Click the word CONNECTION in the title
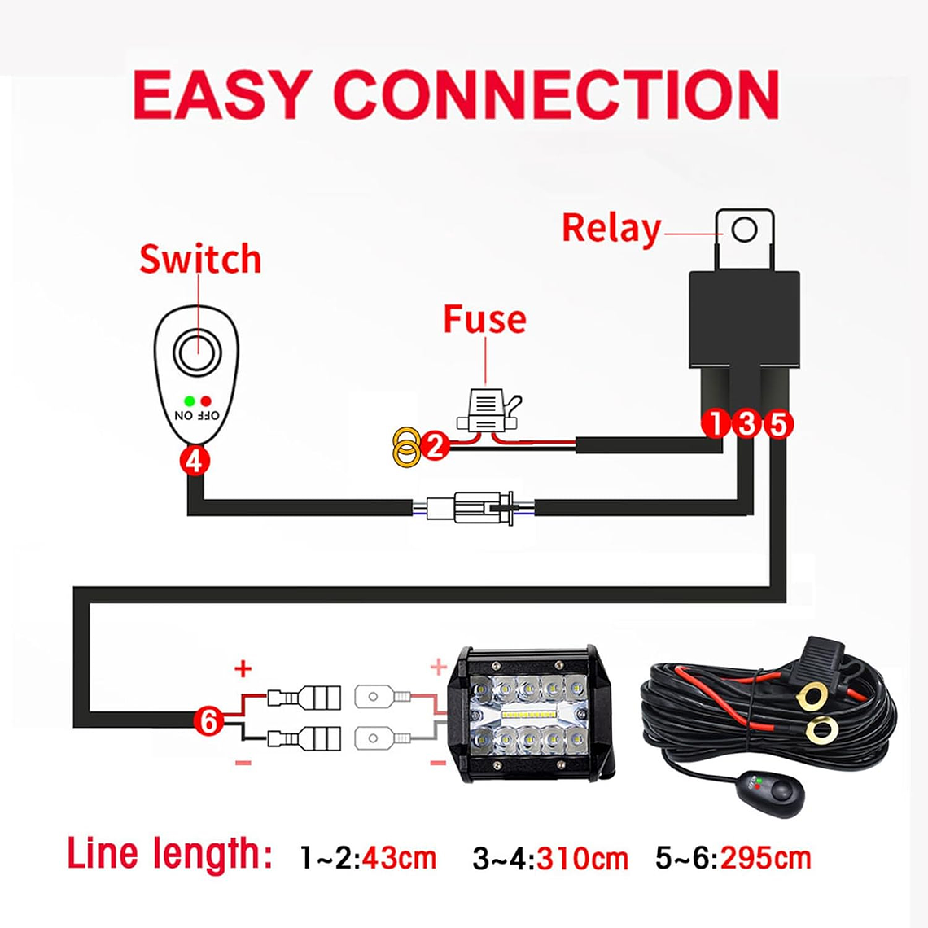point(557,95)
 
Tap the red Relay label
point(611,229)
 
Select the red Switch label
point(200,259)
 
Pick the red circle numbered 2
point(436,445)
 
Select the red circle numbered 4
point(195,462)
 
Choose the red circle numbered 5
point(777,424)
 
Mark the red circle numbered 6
point(209,720)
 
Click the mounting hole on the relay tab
point(744,230)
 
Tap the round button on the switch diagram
point(197,352)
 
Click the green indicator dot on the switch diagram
point(189,401)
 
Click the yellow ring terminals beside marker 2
point(406,448)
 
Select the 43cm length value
point(399,858)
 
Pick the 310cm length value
point(582,858)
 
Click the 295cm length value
point(765,858)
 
